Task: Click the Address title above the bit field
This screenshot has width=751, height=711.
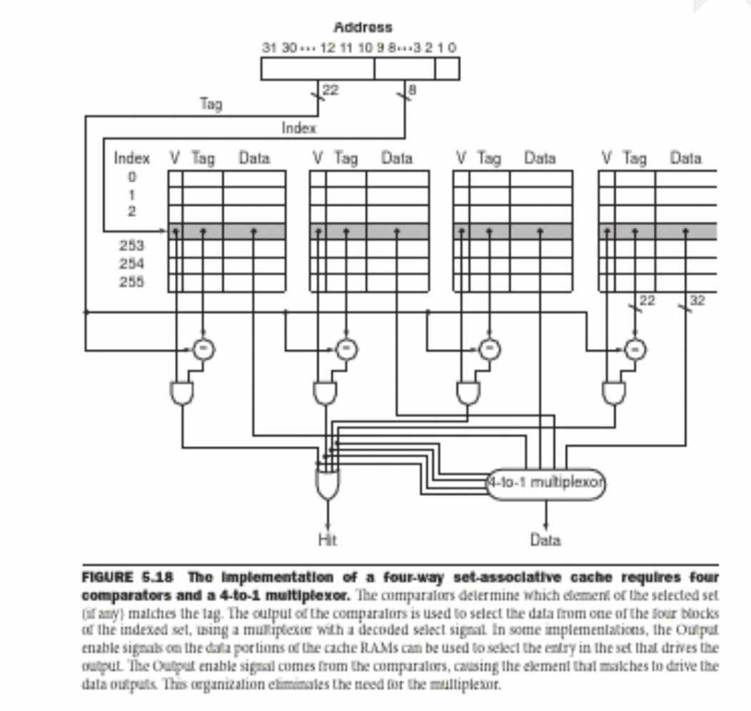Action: point(363,28)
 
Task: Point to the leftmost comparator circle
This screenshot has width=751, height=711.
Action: point(203,348)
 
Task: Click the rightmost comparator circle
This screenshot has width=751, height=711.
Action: point(635,348)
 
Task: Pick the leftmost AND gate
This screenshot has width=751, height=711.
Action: point(182,392)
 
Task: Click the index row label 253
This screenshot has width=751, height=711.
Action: point(131,246)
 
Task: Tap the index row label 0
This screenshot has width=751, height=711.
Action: point(131,176)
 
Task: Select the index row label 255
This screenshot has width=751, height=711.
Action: point(131,281)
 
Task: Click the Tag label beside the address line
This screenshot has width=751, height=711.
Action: point(211,104)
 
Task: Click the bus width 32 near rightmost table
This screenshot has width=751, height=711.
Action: point(697,301)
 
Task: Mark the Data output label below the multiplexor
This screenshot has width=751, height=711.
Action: point(545,540)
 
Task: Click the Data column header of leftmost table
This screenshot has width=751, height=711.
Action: point(254,158)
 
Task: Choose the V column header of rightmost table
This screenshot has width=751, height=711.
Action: point(605,158)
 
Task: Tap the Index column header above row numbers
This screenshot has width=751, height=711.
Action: point(132,158)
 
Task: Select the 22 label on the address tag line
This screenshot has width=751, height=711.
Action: point(331,90)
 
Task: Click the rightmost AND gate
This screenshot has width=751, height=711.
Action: point(613,392)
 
